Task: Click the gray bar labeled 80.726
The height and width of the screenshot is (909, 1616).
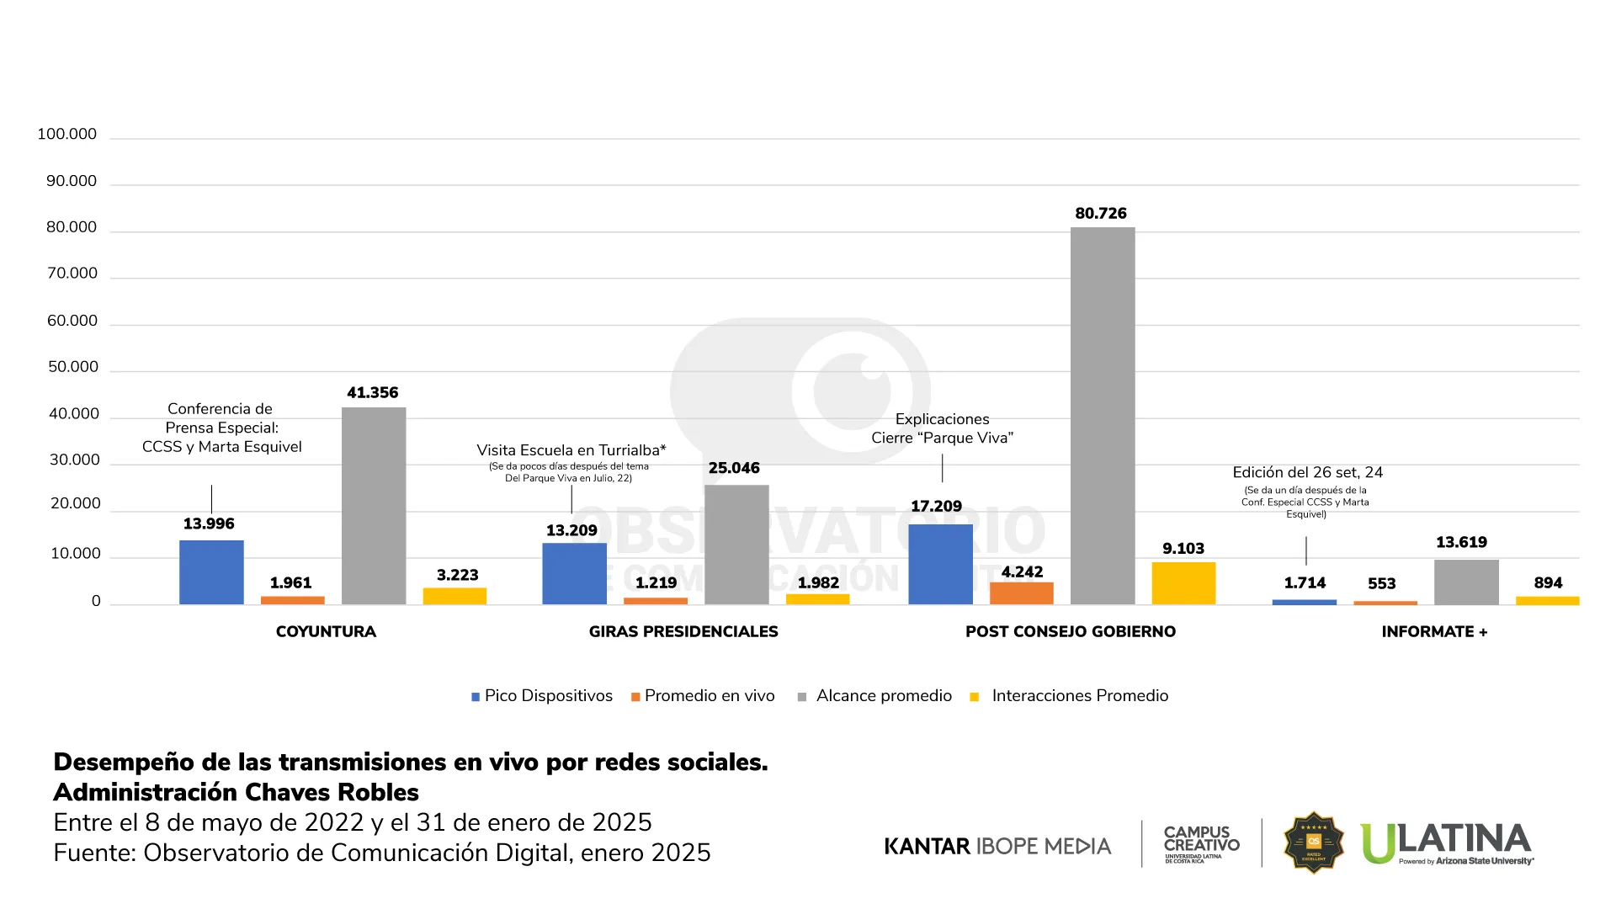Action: click(1103, 416)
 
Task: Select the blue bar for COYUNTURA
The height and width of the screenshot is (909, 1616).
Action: click(211, 572)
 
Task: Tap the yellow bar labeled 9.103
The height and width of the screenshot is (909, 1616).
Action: click(1183, 583)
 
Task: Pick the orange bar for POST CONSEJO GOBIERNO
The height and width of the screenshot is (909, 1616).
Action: click(1022, 593)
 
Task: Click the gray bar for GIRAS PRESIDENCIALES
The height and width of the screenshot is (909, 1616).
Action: click(736, 545)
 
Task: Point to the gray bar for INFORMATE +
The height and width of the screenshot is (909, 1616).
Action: click(1466, 582)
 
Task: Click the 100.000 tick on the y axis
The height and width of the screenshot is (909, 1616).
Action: click(67, 135)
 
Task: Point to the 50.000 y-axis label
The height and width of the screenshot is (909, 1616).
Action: click(73, 367)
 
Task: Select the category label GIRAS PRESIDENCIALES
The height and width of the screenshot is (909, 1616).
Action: click(683, 631)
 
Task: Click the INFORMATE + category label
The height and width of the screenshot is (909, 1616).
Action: click(1434, 631)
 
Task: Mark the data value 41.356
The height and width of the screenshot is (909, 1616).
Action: click(373, 393)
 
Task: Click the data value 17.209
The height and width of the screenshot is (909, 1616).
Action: click(936, 506)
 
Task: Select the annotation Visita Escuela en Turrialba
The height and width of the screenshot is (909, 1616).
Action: click(571, 450)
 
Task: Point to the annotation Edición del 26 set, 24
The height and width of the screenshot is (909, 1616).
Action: click(1307, 473)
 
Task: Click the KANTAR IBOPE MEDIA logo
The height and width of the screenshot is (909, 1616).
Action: click(997, 846)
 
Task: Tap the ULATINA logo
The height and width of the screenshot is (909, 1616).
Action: click(1447, 843)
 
